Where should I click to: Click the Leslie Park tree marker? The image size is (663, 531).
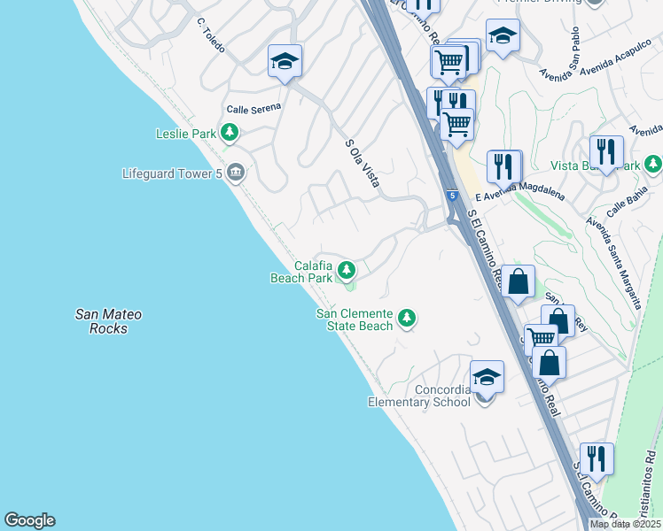230,134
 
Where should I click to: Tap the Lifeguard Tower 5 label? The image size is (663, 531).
172,173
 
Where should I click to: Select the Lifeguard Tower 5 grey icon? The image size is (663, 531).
236,173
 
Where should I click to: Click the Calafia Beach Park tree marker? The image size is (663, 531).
347,270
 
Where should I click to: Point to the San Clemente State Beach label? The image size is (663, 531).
355,319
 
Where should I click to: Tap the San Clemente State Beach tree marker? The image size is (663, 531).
407,317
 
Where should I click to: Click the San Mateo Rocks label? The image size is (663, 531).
108,321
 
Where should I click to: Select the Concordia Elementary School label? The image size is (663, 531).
419,396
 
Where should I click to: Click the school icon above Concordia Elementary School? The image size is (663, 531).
487,377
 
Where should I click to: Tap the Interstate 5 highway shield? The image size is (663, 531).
452,195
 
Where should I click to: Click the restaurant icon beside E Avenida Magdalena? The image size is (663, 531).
503,166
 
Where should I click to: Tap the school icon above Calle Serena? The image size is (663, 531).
285,61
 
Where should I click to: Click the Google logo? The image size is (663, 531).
29,520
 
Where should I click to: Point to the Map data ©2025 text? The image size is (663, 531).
625,524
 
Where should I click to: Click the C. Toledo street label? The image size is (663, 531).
211,34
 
